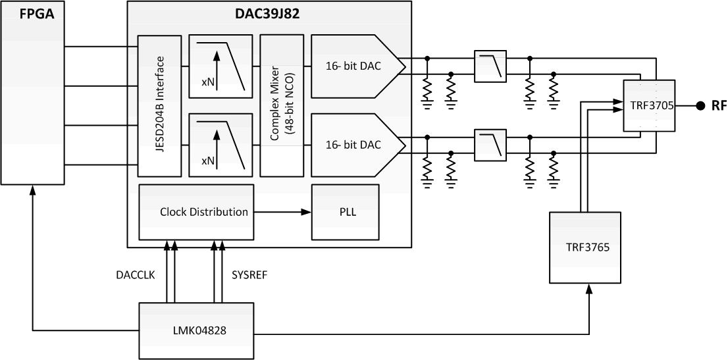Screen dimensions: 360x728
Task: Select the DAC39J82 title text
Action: (269, 12)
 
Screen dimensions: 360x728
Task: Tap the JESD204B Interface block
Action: (159, 105)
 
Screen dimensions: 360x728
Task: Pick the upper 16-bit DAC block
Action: (354, 66)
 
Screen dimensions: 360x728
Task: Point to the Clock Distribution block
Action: (196, 212)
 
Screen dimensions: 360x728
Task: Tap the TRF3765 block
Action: (585, 247)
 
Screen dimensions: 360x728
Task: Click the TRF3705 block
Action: (649, 105)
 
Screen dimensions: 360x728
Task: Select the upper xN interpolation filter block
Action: (221, 66)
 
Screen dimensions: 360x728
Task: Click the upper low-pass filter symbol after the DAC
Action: (490, 66)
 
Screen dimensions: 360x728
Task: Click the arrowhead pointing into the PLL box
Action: (305, 212)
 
